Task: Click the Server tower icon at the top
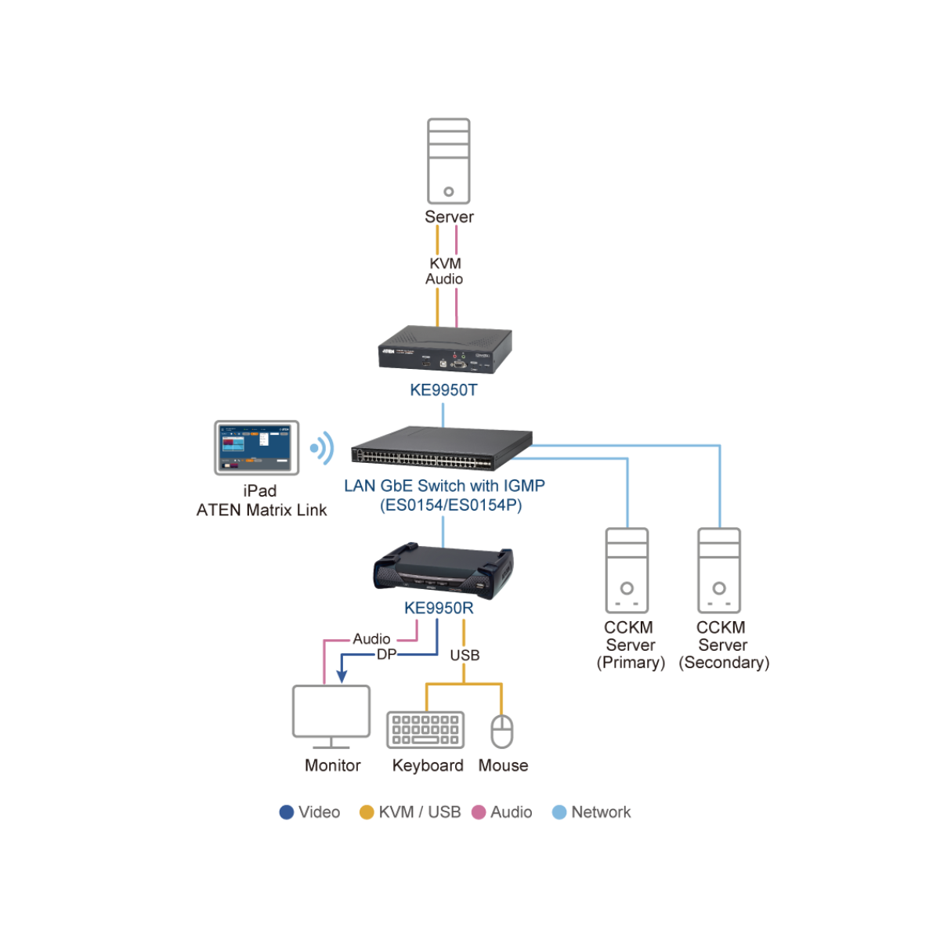[x=448, y=161]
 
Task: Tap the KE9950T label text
[x=443, y=390]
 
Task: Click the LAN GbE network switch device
[x=442, y=449]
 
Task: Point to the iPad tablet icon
[x=257, y=447]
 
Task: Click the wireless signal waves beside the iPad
[x=322, y=448]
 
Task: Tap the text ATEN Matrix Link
[x=262, y=510]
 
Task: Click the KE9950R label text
[x=439, y=608]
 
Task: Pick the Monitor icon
[x=331, y=715]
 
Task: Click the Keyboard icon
[x=425, y=730]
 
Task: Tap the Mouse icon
[x=501, y=731]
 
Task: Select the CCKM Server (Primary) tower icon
[x=627, y=570]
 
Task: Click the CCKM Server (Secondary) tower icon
[x=719, y=570]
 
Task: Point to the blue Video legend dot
[x=287, y=812]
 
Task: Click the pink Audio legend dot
[x=479, y=812]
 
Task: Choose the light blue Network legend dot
[x=559, y=812]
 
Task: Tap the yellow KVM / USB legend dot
[x=367, y=812]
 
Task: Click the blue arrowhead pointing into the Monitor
[x=342, y=676]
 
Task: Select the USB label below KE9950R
[x=465, y=655]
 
